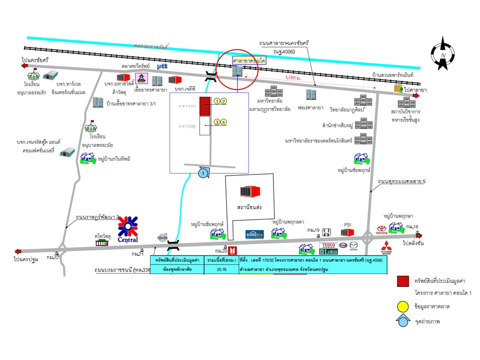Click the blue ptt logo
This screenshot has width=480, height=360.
point(162,66)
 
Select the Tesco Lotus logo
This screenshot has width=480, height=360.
point(328,248)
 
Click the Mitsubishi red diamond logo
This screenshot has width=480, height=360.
point(385,247)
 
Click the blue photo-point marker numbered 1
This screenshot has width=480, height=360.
point(203,173)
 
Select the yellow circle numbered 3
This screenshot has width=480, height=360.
point(217,121)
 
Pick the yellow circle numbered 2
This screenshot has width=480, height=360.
point(224,101)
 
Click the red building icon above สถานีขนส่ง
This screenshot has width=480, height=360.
point(250,191)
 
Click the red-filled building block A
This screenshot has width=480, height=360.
point(204,106)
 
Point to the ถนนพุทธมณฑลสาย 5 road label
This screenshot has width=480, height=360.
point(401,181)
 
